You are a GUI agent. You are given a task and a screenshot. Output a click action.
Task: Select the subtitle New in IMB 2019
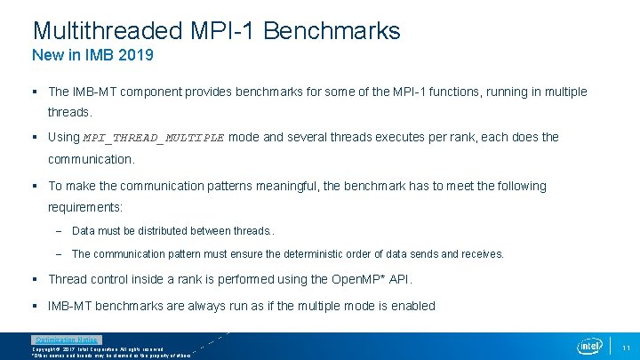(x=92, y=56)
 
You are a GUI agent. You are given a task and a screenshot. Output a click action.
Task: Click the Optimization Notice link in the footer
(x=67, y=340)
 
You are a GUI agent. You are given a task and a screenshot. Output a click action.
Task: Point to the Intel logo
(x=589, y=345)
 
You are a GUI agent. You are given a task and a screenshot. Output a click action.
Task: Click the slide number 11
(x=626, y=347)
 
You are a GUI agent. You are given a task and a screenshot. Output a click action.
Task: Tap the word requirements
(x=84, y=206)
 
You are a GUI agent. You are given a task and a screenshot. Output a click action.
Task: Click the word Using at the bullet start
(x=63, y=137)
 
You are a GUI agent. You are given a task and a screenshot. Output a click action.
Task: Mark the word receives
(x=481, y=254)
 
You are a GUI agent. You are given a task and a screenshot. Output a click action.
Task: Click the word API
(x=399, y=279)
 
